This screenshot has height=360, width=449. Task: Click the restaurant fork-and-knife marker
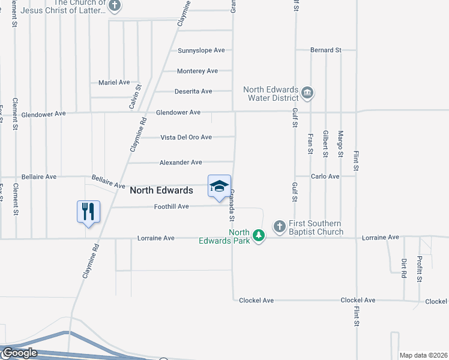click(88, 211)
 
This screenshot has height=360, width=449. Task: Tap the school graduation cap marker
click(219, 186)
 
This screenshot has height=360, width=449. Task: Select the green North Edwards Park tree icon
click(258, 235)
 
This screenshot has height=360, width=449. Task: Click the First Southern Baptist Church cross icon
click(279, 226)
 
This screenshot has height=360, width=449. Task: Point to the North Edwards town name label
click(161, 190)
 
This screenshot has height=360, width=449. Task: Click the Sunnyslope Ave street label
click(201, 50)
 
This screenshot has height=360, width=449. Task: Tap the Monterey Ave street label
click(197, 71)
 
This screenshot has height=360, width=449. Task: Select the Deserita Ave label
click(193, 91)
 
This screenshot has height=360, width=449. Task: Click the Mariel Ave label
click(114, 82)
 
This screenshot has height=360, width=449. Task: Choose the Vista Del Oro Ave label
click(186, 137)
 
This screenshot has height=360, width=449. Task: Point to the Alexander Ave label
click(181, 163)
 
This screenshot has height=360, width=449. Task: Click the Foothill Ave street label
click(172, 206)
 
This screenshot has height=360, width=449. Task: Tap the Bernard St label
click(326, 50)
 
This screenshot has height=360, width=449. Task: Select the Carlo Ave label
click(325, 176)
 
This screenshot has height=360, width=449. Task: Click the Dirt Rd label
click(403, 268)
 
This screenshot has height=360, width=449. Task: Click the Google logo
click(19, 353)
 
